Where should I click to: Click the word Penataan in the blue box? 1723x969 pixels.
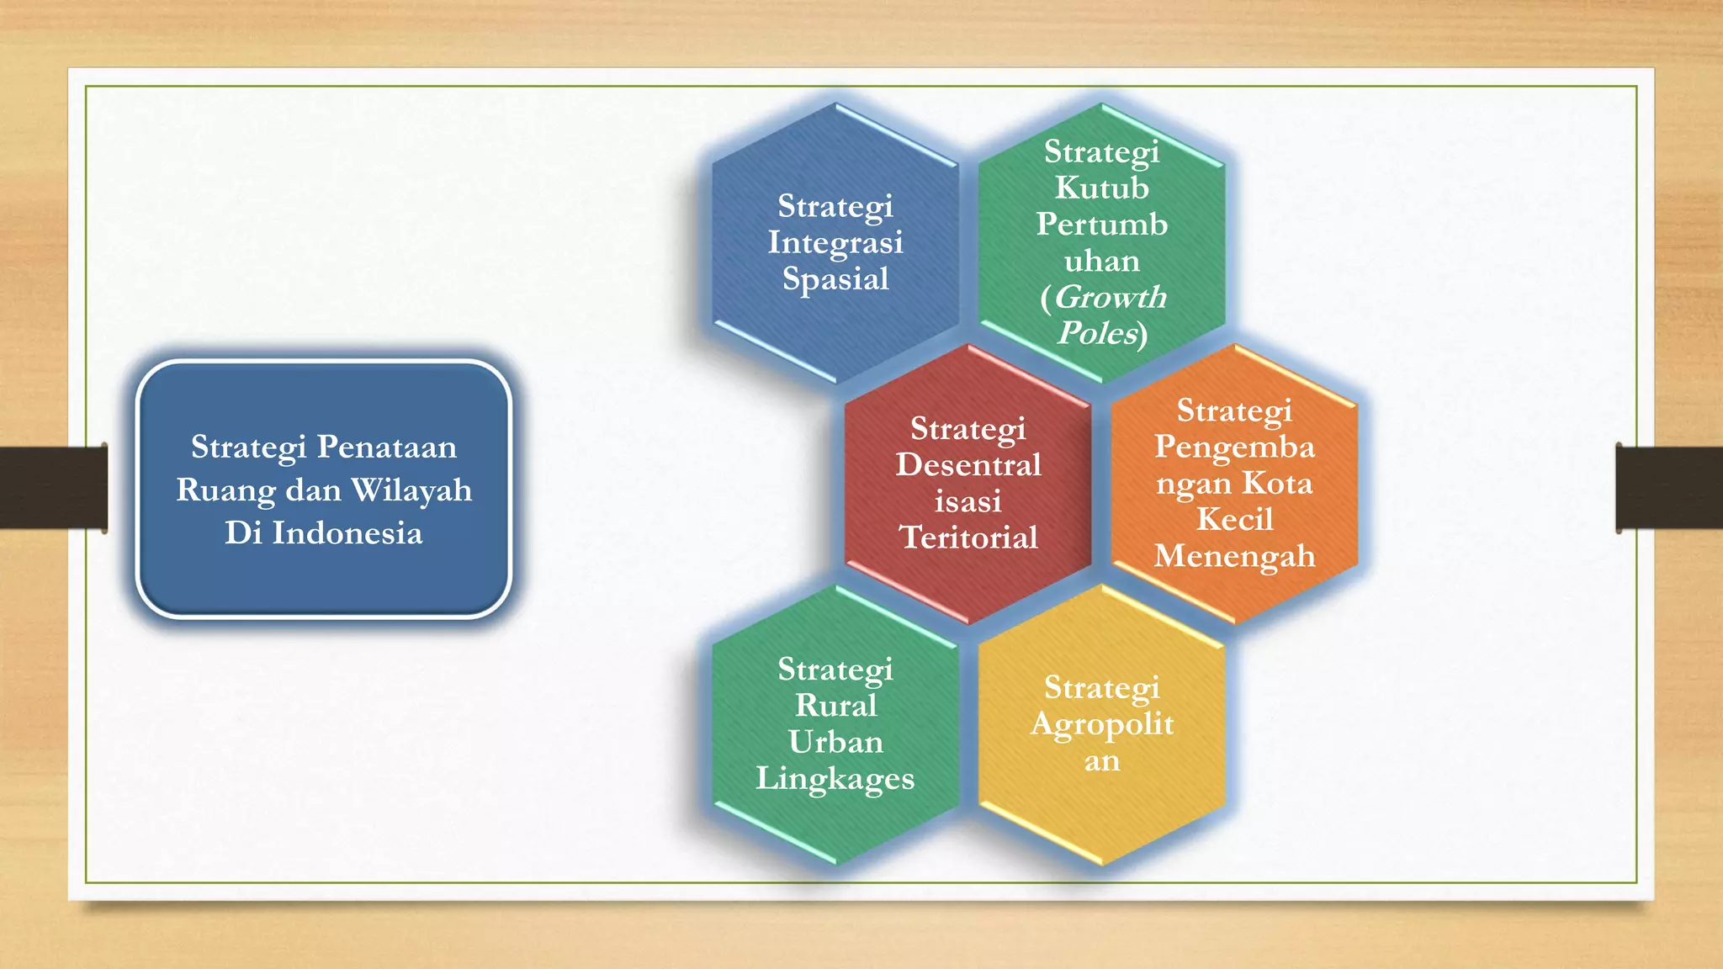[386, 447]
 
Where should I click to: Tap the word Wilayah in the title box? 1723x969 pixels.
[411, 490]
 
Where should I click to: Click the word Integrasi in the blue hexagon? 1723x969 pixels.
[835, 242]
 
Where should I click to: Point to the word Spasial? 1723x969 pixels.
[835, 278]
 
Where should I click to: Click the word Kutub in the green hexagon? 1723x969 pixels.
[1101, 188]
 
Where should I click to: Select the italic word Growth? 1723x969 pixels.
[1111, 297]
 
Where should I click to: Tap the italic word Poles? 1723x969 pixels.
[1098, 333]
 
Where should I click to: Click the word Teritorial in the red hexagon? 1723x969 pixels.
[968, 537]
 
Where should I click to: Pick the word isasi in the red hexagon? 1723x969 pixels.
[968, 501]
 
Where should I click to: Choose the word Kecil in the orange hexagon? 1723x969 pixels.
[1234, 519]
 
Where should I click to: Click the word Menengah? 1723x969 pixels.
[1234, 556]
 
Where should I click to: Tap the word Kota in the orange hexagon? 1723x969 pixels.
[1277, 483]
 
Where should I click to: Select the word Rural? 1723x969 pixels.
[835, 705]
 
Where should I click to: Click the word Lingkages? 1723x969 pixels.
[835, 778]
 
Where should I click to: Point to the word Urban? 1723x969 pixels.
[835, 742]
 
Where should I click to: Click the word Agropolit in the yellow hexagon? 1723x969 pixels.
[1101, 724]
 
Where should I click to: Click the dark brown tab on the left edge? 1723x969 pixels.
[53, 488]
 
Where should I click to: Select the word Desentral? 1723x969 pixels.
[968, 465]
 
